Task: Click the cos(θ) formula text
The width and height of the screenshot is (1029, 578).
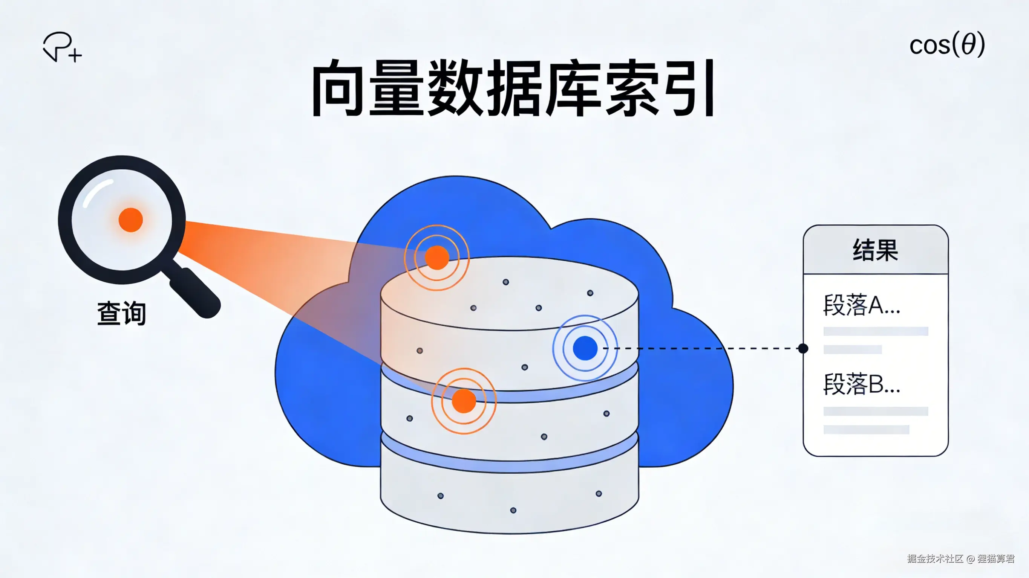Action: pos(947,45)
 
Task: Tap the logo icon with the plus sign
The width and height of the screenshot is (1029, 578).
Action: pos(62,47)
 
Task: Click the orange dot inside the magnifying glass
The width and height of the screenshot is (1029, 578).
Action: pos(131,220)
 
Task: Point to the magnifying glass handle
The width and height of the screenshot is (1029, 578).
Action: pos(195,293)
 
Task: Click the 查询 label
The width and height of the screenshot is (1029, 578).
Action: pos(121,313)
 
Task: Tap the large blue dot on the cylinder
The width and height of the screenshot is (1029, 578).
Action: pos(585,348)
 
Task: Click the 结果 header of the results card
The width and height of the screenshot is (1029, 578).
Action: pos(875,250)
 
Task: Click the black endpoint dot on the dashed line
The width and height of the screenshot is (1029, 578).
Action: pos(803,348)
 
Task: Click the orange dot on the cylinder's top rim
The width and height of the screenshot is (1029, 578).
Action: pos(437,258)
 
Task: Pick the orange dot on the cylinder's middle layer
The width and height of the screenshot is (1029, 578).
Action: pos(464,401)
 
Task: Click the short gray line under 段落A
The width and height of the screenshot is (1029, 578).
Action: pos(853,350)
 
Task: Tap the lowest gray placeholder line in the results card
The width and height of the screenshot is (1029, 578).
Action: pos(866,430)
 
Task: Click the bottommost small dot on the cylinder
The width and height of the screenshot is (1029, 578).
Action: pos(513,510)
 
